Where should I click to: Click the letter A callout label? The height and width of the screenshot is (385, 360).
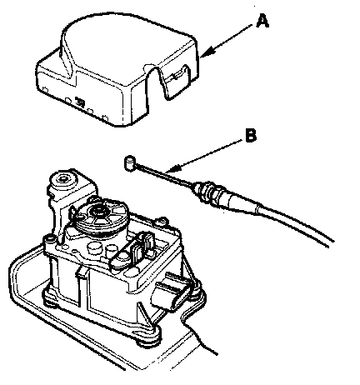click(262, 22)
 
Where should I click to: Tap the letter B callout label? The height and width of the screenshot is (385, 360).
click(251, 136)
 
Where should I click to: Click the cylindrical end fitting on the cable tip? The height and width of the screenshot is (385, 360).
click(129, 162)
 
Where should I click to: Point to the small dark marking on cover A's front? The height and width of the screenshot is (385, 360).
click(80, 102)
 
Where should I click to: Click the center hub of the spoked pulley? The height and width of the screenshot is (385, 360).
click(97, 211)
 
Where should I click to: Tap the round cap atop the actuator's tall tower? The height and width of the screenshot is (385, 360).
click(63, 178)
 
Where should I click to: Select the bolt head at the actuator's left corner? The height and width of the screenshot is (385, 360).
click(49, 239)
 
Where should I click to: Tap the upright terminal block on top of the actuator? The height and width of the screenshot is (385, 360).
click(144, 243)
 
